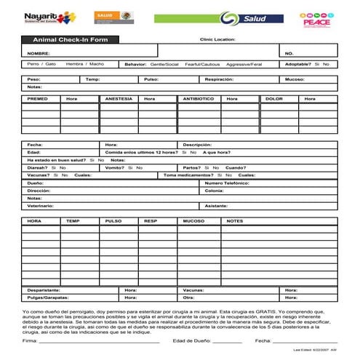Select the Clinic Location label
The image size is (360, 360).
217,39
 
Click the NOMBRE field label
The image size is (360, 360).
39,53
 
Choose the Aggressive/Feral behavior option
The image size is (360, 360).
245,64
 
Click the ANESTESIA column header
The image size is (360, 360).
119,98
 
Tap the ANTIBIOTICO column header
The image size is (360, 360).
199,98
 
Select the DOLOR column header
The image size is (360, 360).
274,98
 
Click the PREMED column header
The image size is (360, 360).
38,98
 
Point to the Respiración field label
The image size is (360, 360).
218,79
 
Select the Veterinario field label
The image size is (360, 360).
41,206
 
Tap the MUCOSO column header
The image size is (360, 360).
193,220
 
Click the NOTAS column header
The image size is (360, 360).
235,220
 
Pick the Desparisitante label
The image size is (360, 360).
44,289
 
